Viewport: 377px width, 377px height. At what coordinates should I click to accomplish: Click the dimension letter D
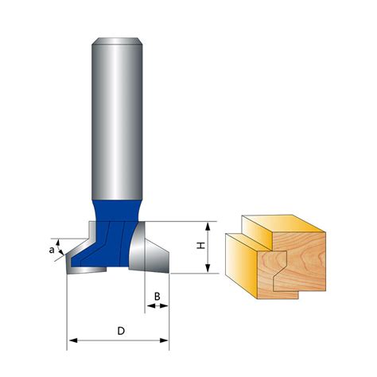(x=119, y=329)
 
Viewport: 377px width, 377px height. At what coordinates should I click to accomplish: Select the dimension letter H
(x=201, y=247)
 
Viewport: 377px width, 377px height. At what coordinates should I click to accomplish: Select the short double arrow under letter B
(x=157, y=307)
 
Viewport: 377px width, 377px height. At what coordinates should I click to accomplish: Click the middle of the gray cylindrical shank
(x=117, y=119)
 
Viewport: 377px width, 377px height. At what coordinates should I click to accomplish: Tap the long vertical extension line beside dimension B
(x=170, y=310)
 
